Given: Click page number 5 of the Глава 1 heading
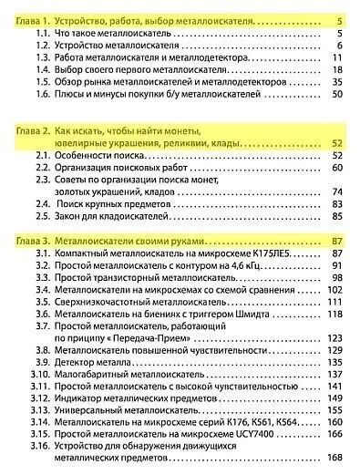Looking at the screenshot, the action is [x=338, y=19].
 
